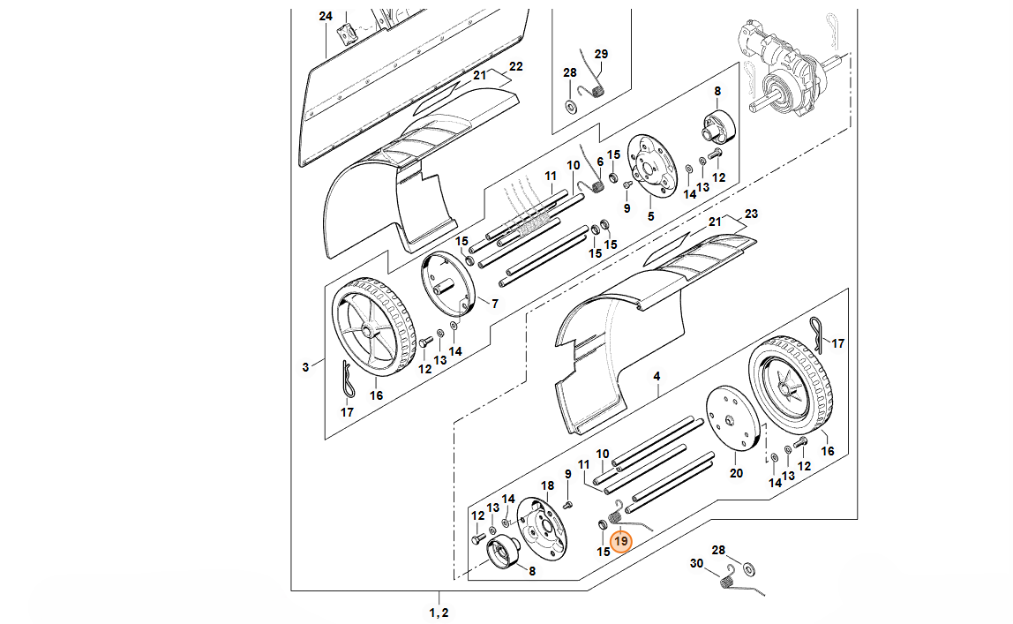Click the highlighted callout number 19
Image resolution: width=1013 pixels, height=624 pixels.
coord(621,541)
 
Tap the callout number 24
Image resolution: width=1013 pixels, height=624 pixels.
coord(326,16)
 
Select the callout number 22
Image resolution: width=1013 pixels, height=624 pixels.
coord(515,66)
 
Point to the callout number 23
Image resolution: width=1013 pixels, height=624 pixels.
coord(751,214)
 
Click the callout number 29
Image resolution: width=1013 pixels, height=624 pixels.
coord(601,54)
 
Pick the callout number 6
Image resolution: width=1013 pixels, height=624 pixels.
coord(599,162)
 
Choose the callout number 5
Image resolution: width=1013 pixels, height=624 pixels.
coord(650,216)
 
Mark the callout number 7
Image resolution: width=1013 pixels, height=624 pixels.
coord(495,304)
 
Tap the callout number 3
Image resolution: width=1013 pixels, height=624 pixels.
coord(305,367)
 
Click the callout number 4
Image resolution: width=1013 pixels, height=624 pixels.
coord(657,376)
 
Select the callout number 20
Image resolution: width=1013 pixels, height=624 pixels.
coord(736,473)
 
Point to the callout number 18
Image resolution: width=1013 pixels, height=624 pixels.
coord(547,485)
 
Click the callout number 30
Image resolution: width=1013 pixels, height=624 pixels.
coord(696,563)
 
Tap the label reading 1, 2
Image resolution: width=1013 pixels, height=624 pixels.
coord(439,613)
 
